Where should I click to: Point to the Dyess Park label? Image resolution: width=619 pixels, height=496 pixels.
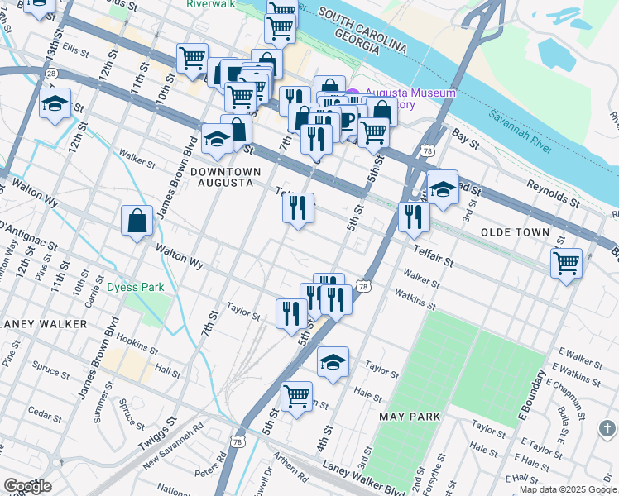point(136,288)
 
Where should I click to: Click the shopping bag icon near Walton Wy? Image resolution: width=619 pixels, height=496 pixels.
point(137,222)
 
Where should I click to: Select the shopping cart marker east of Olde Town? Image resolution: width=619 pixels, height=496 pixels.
point(567,264)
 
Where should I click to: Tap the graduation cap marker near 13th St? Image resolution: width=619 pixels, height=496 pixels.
point(55,104)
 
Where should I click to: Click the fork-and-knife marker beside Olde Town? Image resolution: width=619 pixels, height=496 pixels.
point(413,217)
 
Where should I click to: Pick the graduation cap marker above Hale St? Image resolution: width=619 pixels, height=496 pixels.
point(333,361)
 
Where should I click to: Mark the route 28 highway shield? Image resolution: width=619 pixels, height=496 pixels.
point(52,74)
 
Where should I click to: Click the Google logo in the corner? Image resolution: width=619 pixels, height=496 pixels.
point(28,486)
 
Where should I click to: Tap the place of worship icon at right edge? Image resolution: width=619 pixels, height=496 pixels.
point(607,429)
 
